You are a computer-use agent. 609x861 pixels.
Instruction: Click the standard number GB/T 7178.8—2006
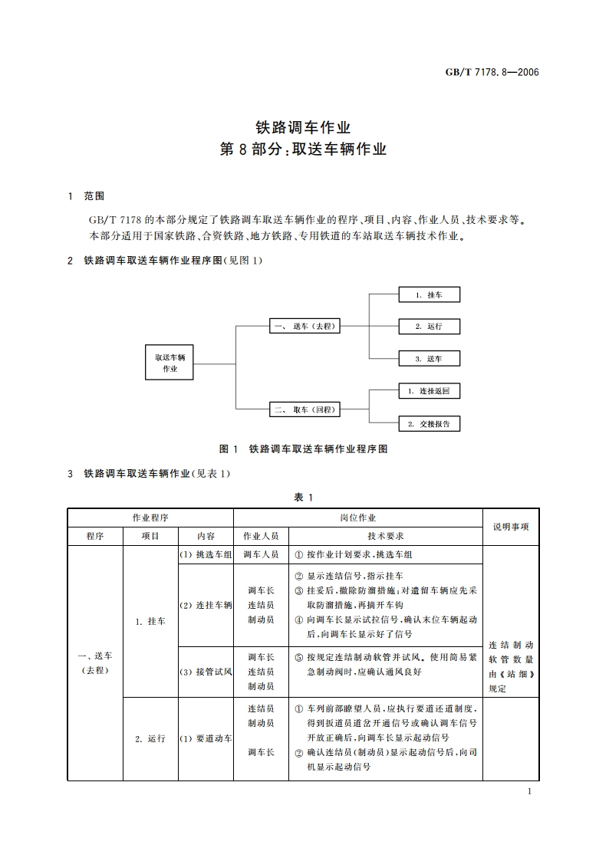(x=493, y=72)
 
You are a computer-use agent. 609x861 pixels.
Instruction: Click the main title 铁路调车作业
(x=303, y=127)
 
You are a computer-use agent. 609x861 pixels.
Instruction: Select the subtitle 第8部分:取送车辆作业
(x=303, y=150)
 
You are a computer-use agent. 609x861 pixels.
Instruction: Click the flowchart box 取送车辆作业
(x=170, y=363)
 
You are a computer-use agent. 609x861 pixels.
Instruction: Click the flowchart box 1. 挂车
(x=429, y=294)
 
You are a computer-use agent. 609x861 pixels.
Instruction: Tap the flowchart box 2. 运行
(x=429, y=326)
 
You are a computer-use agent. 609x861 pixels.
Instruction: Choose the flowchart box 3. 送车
(x=429, y=358)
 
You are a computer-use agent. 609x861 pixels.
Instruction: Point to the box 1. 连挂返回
(x=429, y=391)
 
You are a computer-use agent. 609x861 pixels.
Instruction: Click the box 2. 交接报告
(x=429, y=423)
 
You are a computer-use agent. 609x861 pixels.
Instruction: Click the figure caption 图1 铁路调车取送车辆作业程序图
(x=303, y=449)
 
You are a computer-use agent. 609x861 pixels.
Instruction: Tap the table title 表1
(x=303, y=498)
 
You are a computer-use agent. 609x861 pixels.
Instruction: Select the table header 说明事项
(x=511, y=527)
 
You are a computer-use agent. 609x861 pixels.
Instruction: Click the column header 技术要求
(x=386, y=536)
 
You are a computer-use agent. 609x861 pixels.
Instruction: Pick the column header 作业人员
(x=261, y=536)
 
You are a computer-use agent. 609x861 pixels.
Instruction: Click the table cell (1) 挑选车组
(x=206, y=555)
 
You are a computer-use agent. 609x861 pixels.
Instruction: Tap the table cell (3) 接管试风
(x=206, y=672)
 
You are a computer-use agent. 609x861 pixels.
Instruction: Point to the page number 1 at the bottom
(x=530, y=792)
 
